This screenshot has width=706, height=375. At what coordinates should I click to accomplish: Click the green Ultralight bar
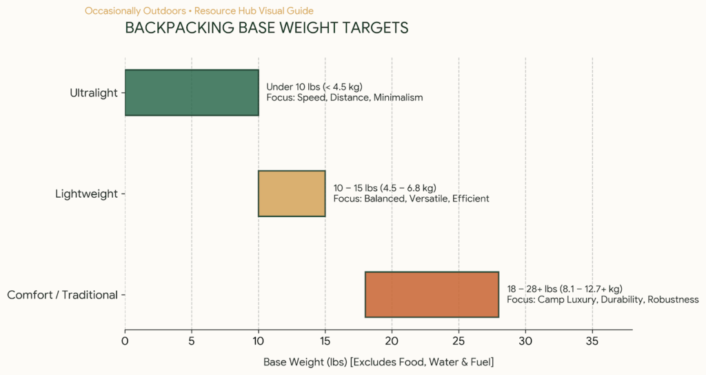(x=192, y=93)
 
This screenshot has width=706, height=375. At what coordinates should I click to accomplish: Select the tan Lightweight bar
(x=292, y=194)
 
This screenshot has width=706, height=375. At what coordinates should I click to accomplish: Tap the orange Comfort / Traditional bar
(x=432, y=294)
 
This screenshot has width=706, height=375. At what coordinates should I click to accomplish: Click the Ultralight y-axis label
(x=94, y=93)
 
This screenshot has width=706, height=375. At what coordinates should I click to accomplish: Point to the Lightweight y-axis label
(x=86, y=194)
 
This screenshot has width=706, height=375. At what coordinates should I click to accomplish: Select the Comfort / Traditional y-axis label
(x=63, y=295)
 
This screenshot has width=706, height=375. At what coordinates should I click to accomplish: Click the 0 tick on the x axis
(x=125, y=341)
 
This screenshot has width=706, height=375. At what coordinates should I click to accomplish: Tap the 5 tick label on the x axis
(x=192, y=341)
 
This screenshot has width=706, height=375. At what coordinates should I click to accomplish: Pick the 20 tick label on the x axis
(x=392, y=341)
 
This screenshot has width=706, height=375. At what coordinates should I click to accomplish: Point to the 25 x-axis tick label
(x=458, y=341)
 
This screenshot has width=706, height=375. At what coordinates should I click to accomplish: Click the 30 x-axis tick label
(x=525, y=341)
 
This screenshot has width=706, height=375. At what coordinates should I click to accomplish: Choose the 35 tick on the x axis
(x=592, y=341)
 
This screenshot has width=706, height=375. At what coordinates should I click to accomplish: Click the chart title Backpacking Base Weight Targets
(x=267, y=28)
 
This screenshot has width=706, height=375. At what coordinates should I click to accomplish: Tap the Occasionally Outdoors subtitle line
(x=199, y=11)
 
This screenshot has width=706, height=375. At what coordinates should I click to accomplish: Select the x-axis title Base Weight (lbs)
(x=379, y=362)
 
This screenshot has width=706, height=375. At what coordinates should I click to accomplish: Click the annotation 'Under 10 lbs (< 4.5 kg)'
(x=314, y=87)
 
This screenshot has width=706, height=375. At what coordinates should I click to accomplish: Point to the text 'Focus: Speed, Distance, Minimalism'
(x=345, y=98)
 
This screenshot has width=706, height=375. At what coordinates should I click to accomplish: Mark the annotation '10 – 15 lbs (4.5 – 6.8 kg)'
(x=385, y=187)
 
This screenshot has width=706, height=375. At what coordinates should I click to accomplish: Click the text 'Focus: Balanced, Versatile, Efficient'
(x=411, y=199)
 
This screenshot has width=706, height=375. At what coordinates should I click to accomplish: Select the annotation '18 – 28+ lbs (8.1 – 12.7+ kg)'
(x=565, y=289)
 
